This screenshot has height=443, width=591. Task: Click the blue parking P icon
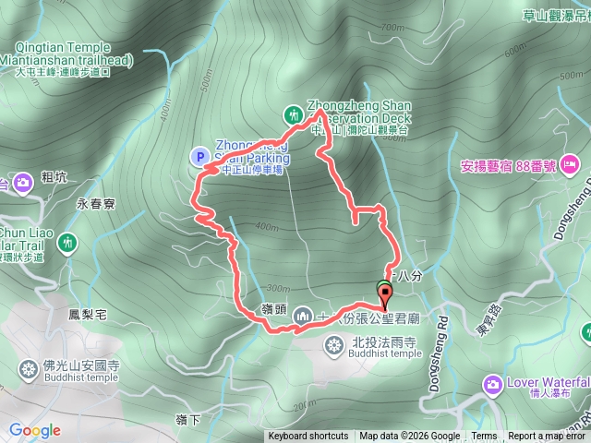tap(199, 156)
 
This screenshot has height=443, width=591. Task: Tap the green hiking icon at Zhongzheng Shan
tap(293, 114)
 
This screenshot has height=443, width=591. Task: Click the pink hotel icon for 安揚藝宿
tap(570, 167)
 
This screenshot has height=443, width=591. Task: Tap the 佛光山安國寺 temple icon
tap(30, 370)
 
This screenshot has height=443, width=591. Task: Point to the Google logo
tap(35, 430)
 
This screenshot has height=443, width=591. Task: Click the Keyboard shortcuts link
tap(308, 437)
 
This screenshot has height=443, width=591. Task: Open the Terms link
tap(484, 437)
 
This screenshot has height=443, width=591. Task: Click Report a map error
tap(548, 437)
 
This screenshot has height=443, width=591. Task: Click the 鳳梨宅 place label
tap(88, 315)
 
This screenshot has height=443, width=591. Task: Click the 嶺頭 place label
tap(271, 306)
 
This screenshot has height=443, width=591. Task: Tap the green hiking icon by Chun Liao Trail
tap(66, 243)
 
